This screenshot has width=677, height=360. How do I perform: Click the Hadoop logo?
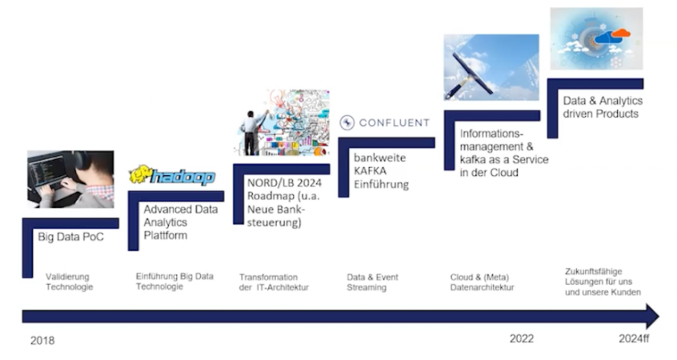coord(172,175)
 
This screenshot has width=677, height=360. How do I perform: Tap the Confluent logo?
coord(385,123)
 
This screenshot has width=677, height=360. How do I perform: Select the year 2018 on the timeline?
coord(42,340)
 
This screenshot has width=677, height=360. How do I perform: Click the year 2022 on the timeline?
coord(521,338)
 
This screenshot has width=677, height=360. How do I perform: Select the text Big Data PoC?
coord(70,238)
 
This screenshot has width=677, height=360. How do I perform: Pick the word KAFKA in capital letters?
coord(372,171)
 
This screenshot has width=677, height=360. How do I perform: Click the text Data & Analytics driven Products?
coord(601,108)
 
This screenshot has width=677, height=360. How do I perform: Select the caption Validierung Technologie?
coord(70,281)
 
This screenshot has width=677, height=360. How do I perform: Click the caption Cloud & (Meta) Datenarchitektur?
coord(482,282)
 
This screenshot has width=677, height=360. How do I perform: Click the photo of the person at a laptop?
coord(70,178)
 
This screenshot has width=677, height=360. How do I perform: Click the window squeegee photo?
coord(491,67)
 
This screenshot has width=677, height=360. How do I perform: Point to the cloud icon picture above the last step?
coord(596,38)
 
